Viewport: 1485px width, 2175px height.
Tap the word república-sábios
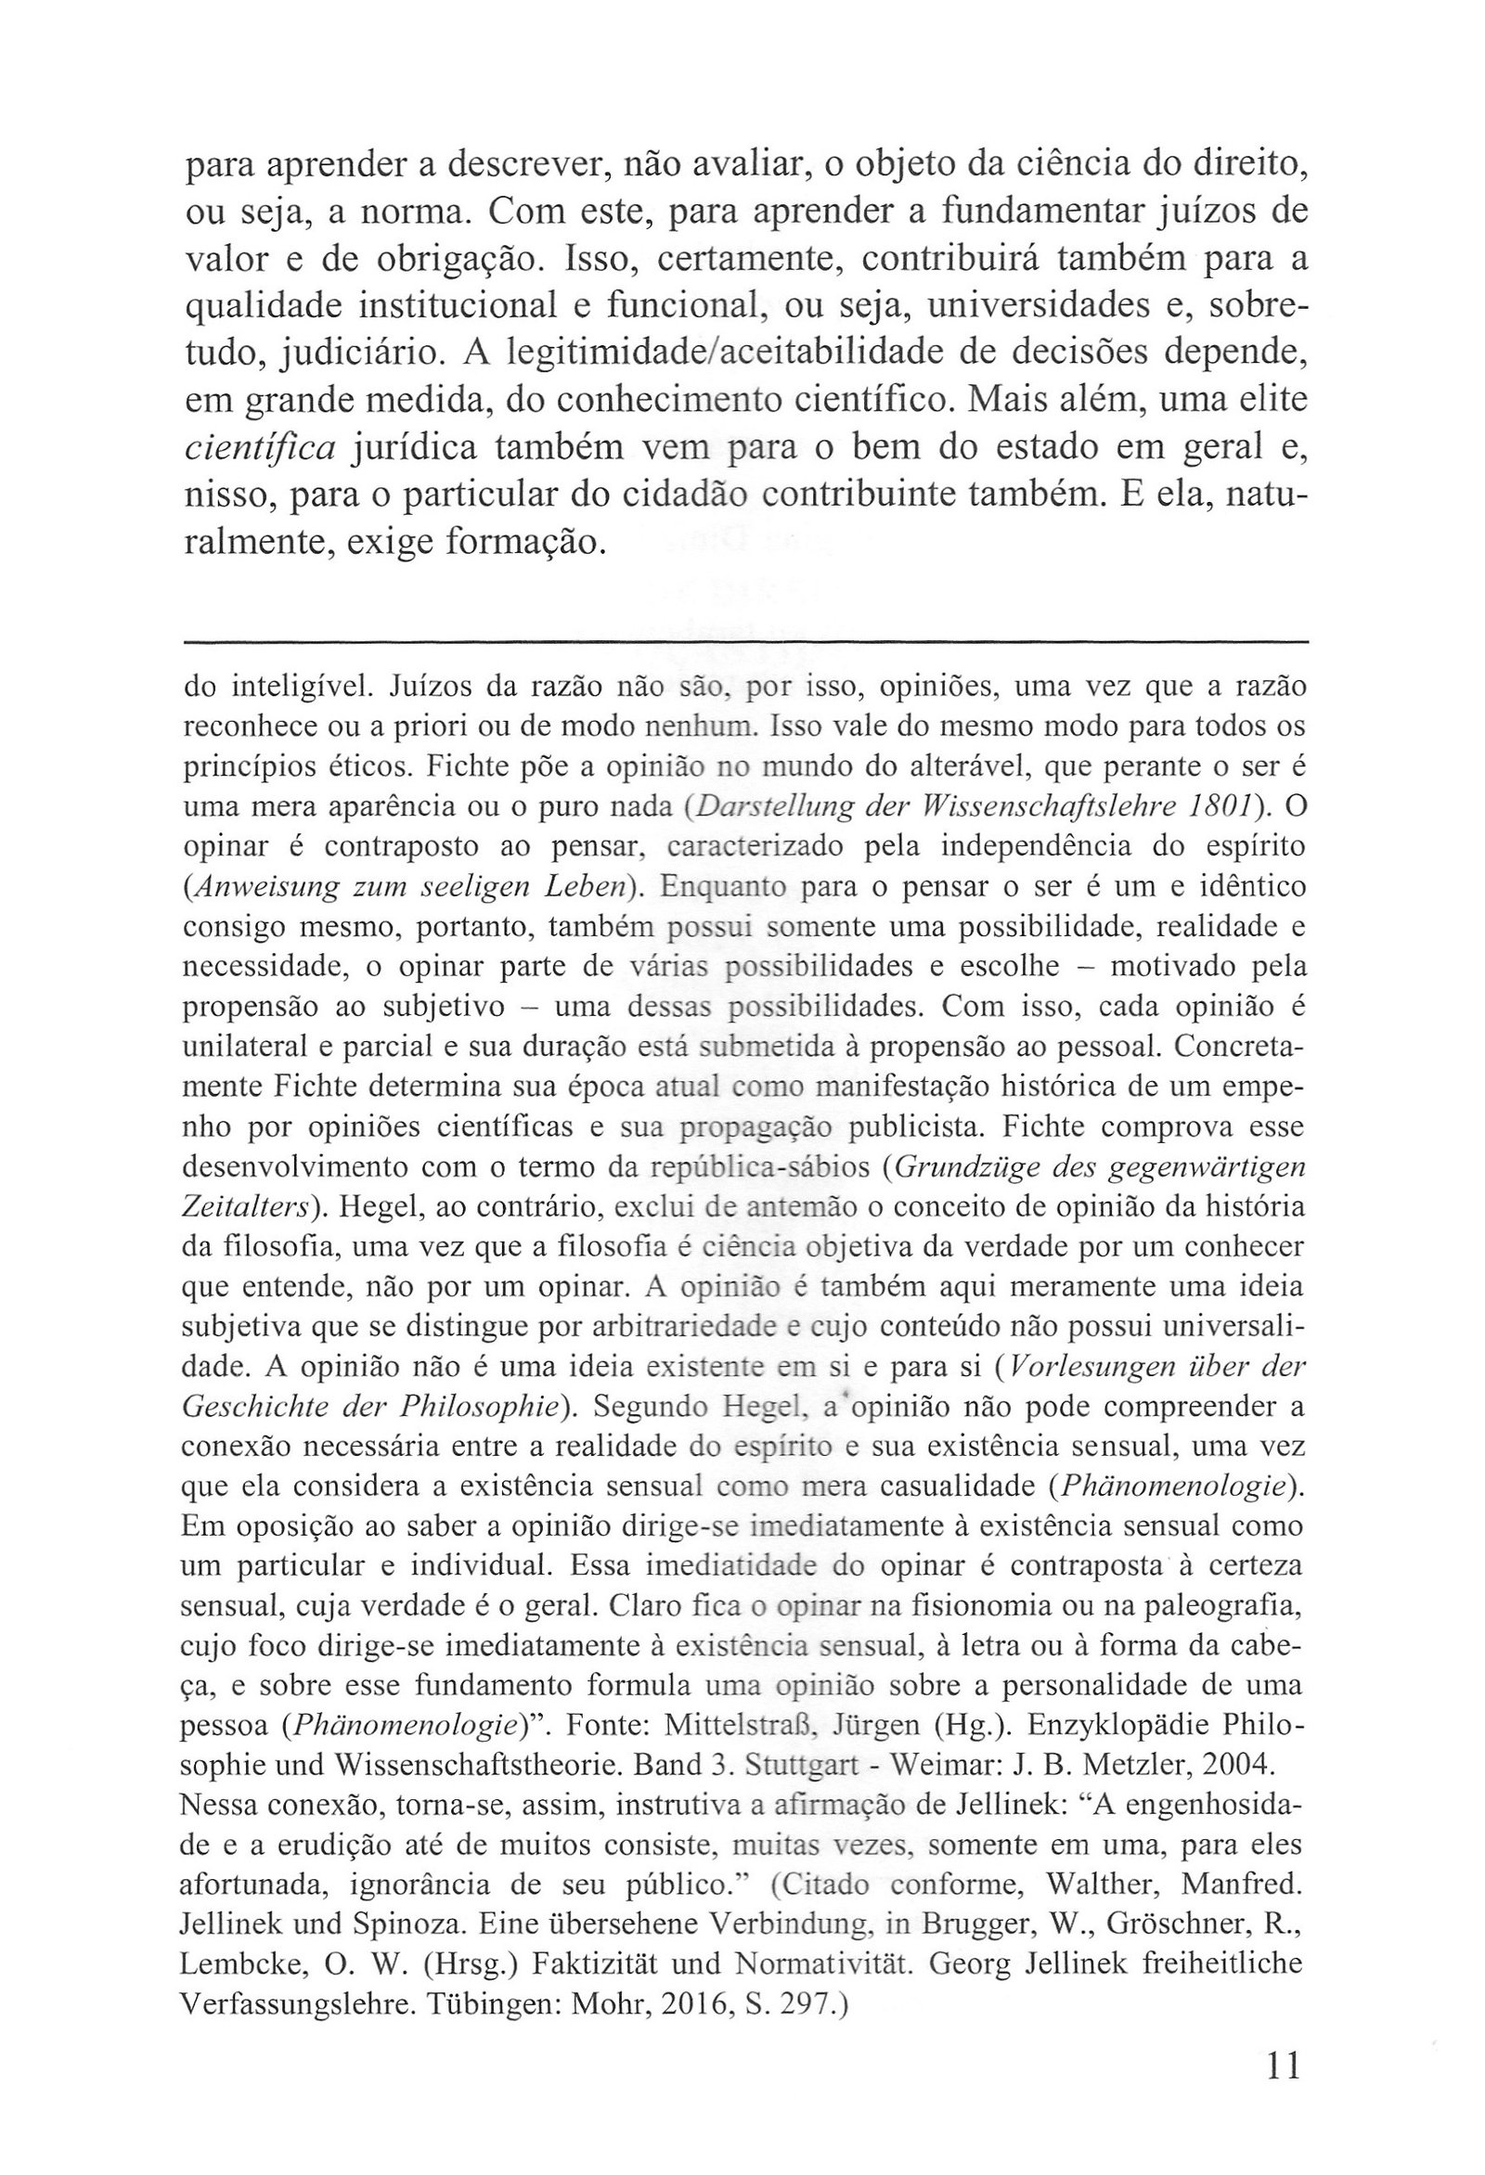pyautogui.click(x=759, y=1169)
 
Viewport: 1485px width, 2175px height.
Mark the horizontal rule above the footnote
pyautogui.click(x=745, y=642)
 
